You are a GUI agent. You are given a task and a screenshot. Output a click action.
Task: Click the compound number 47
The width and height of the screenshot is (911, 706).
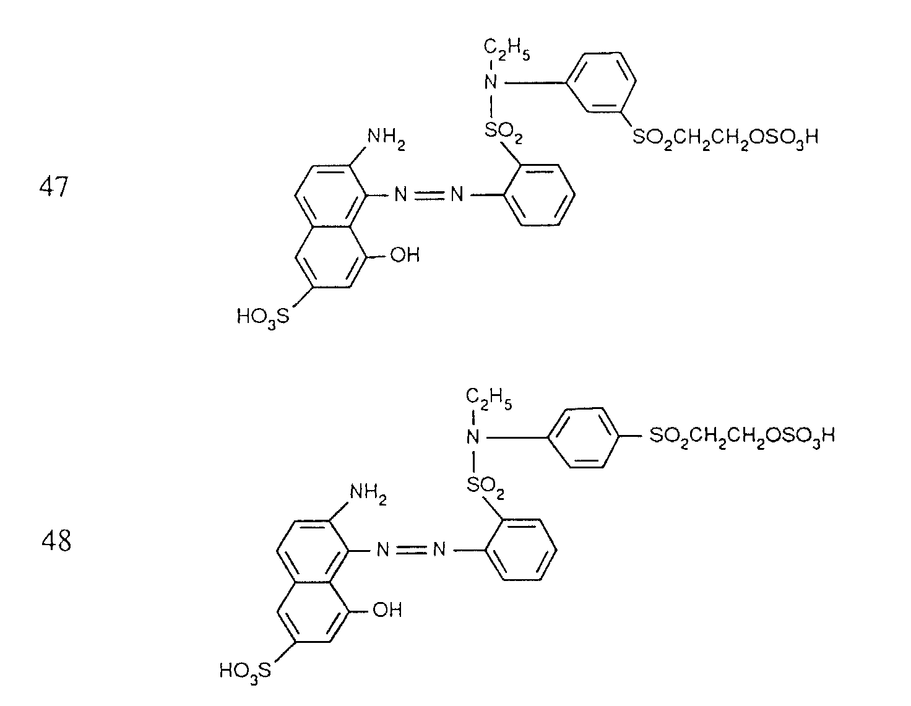pos(53,186)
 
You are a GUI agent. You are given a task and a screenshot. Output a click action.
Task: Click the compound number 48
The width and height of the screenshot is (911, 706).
pos(56,541)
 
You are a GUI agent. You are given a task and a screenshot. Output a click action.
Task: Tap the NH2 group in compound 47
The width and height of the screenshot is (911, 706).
pos(386,137)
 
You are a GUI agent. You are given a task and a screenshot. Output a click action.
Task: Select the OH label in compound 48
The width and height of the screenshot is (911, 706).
pos(387,610)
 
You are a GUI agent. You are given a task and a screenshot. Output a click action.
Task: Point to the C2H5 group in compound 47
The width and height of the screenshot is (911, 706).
pos(505,49)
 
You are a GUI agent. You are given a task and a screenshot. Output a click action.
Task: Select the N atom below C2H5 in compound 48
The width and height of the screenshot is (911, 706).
pos(473,437)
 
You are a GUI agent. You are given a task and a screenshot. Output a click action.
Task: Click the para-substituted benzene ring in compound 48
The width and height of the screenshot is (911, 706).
pos(584,437)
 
